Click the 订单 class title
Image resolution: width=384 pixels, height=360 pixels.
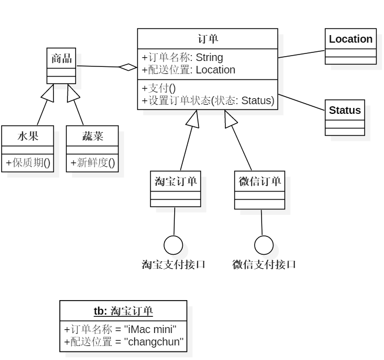coord(208,38)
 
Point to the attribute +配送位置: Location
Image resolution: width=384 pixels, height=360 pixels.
coord(188,70)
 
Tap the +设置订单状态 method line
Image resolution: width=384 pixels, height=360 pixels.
coord(208,100)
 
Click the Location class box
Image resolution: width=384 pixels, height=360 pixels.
coord(351,46)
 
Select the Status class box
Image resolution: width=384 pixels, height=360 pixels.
coord(345,117)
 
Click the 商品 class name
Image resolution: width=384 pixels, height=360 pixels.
coord(61,58)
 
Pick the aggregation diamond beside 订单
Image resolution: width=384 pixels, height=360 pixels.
coord(128,67)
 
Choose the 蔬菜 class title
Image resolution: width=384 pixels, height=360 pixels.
coord(92,135)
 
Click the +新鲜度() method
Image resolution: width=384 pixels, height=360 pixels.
coord(92,162)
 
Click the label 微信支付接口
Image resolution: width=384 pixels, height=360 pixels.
coord(264,264)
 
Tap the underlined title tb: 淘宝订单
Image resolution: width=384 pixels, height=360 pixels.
coord(124,311)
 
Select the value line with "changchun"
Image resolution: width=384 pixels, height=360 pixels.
coord(124,342)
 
